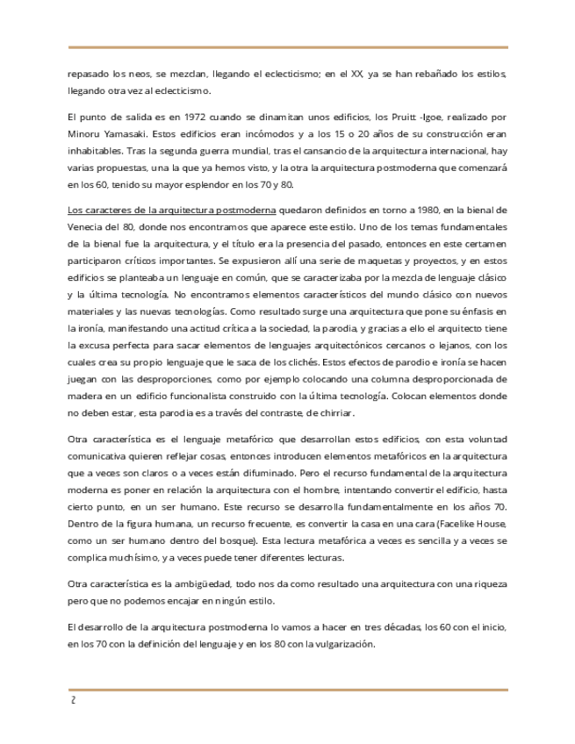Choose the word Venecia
coord(87,227)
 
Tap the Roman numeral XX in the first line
coord(356,74)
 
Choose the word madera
coord(84,394)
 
